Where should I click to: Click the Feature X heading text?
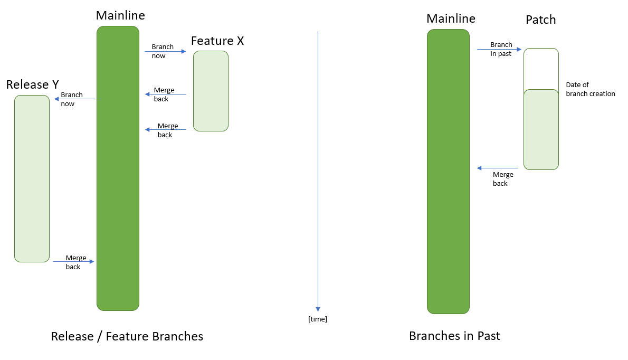click(x=217, y=41)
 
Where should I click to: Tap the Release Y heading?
click(x=32, y=84)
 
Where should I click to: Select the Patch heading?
click(x=540, y=20)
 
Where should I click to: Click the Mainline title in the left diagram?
click(x=120, y=15)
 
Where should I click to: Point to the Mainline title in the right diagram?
click(x=451, y=19)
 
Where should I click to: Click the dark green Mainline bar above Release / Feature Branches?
click(x=118, y=168)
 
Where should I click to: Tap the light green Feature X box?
click(x=211, y=91)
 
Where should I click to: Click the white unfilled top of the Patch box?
click(x=541, y=69)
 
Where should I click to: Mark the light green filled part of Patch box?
click(x=541, y=130)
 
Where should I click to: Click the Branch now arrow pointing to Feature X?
click(x=165, y=52)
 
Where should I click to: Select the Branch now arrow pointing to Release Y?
click(x=74, y=99)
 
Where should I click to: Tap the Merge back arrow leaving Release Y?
click(x=73, y=261)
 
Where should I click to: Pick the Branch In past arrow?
click(x=499, y=50)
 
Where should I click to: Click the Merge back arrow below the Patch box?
click(x=497, y=168)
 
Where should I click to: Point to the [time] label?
click(x=318, y=319)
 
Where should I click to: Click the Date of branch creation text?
click(x=590, y=89)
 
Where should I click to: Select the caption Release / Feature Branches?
click(x=127, y=336)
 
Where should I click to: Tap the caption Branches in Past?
click(x=454, y=336)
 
